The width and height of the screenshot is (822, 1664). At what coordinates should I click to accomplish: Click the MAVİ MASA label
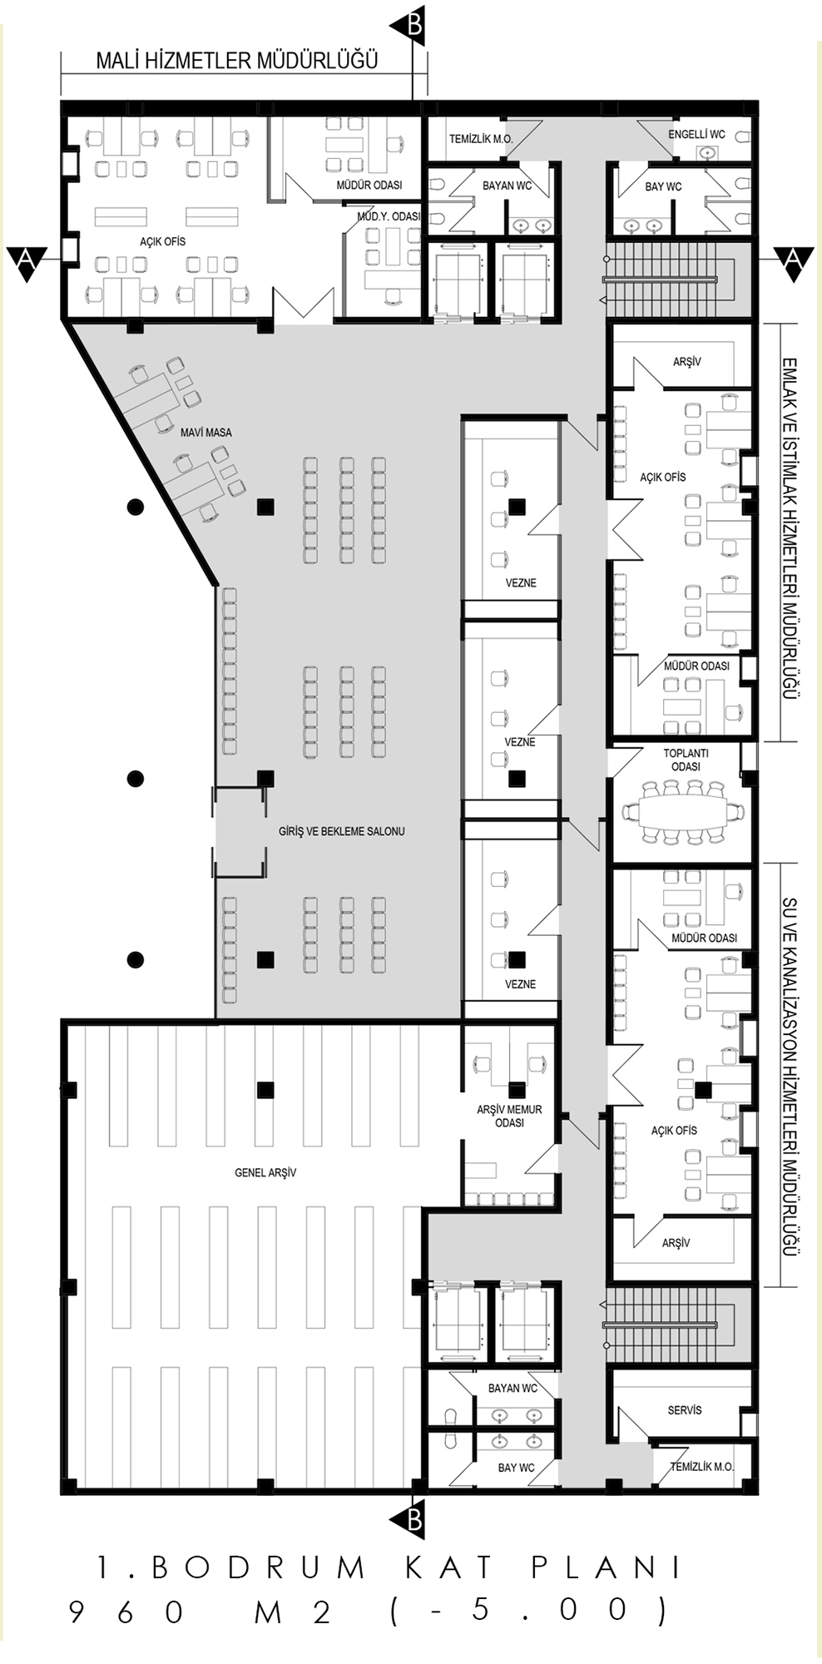(x=206, y=433)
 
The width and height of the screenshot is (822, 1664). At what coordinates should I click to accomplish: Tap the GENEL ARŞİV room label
(x=265, y=1172)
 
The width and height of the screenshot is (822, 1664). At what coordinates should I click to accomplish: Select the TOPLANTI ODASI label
(x=686, y=760)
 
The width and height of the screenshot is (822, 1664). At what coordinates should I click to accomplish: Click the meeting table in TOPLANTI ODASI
(x=683, y=810)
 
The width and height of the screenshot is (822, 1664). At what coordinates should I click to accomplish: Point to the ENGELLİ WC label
(x=697, y=134)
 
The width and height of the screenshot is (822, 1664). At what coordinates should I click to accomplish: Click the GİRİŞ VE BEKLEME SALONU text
(x=342, y=831)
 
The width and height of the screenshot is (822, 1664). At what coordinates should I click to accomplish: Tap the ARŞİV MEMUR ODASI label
(x=509, y=1116)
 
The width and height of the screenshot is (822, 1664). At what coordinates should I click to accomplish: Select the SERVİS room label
(x=685, y=1410)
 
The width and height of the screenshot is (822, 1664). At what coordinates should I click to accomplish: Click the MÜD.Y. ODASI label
(x=389, y=216)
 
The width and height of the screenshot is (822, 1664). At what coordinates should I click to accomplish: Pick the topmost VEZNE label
(x=521, y=582)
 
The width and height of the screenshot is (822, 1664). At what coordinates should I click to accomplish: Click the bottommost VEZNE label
(x=521, y=983)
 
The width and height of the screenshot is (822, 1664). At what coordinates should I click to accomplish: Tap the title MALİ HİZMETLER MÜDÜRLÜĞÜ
(x=236, y=60)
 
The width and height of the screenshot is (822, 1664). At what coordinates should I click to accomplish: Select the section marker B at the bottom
(x=413, y=1521)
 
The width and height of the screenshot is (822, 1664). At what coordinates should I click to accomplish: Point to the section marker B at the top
(x=413, y=26)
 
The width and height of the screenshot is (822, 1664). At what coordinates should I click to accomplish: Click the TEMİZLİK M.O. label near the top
(x=481, y=139)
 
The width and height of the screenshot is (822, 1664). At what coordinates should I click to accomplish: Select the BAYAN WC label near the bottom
(x=513, y=1388)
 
